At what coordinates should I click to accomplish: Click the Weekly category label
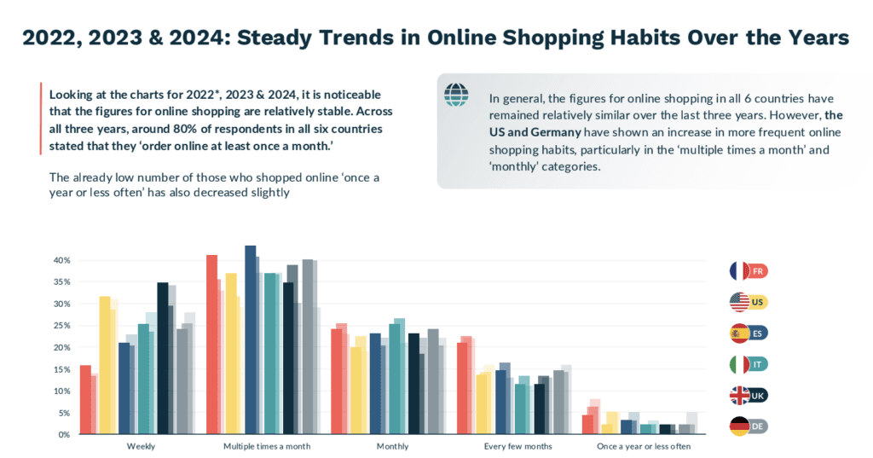coord(141,446)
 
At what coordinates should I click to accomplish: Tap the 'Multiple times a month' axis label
coord(267,446)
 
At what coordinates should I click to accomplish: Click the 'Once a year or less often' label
coord(645,446)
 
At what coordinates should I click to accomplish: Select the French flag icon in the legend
coord(739,271)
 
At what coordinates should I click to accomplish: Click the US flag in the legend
coord(739,302)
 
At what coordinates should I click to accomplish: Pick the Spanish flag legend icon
coord(739,333)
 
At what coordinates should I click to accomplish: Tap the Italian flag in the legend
coord(739,364)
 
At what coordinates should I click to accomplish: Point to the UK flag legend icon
coord(739,395)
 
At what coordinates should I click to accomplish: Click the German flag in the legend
coord(739,426)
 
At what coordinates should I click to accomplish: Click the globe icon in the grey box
coord(456,95)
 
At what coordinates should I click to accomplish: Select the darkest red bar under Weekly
coord(85,399)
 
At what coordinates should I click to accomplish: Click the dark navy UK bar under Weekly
coord(163,358)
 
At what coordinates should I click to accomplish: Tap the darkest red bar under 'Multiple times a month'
coord(211,345)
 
